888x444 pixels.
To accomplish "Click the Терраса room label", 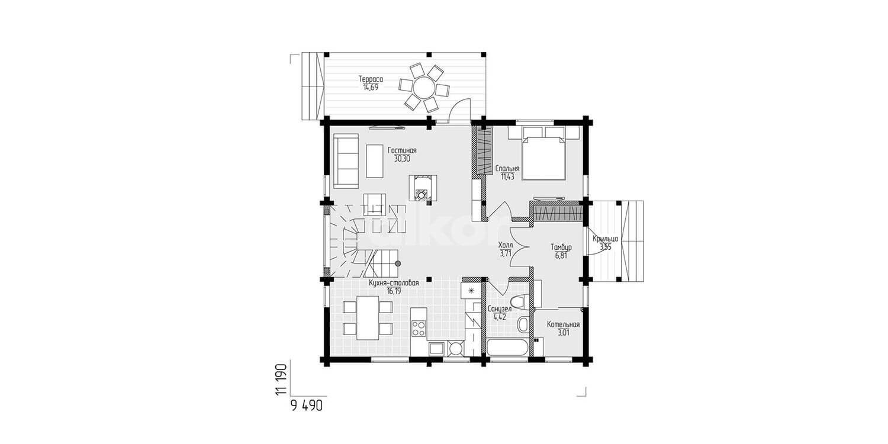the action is coord(371,79).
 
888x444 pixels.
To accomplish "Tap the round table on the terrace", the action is coord(424,87).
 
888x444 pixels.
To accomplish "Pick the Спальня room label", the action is coord(507,169).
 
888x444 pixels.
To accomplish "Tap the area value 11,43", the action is coord(507,177).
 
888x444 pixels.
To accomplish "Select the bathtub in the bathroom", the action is coord(507,348).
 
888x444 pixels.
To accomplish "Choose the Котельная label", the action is coord(564,324).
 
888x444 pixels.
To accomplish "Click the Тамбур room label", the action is coord(561,247).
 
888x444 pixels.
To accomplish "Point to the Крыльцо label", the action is coord(606,239).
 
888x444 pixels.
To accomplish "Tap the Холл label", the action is coord(506,246).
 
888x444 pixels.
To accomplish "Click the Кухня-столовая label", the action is coord(394,283).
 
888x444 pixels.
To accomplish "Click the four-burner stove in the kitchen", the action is coord(419,328).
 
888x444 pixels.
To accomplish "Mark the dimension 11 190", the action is coord(281,379).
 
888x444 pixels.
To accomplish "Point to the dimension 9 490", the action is coord(307,406).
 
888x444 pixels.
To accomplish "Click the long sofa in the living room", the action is coord(346,161).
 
